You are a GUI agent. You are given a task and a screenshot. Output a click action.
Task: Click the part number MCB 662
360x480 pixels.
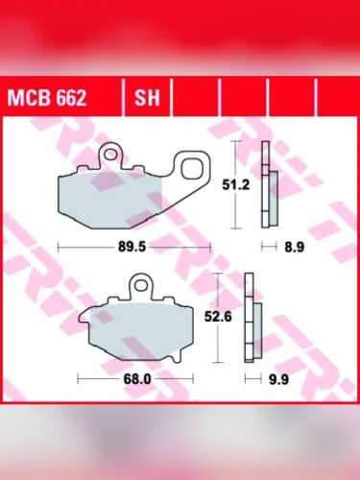(x=47, y=99)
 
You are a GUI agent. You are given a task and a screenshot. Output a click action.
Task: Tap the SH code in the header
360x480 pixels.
(x=147, y=99)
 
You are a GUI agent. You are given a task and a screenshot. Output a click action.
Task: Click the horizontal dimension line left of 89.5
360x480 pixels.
(x=86, y=247)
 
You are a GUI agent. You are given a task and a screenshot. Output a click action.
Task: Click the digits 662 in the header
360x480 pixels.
(x=69, y=99)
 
